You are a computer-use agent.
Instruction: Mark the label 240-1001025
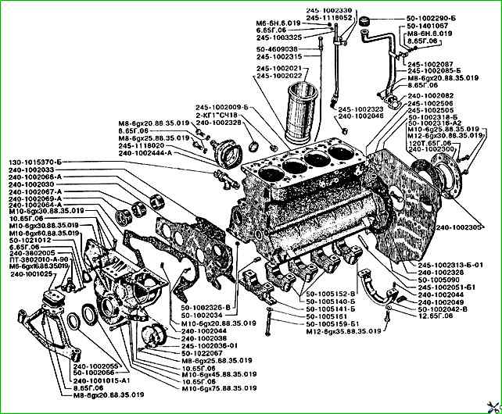pyautogui.click(x=29, y=274)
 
